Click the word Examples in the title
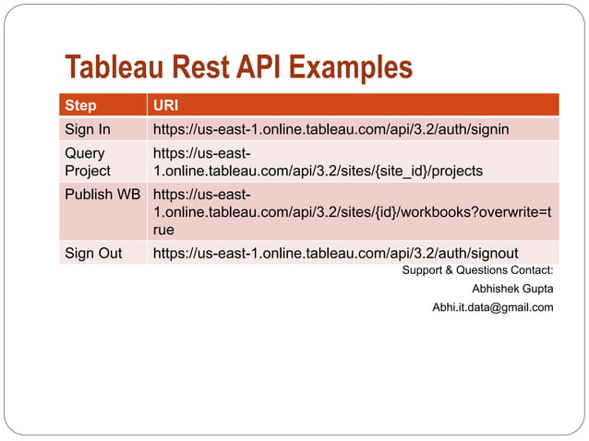(349, 68)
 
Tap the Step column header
(80, 105)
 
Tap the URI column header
(166, 105)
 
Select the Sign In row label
(87, 129)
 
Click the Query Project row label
(87, 162)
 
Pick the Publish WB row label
(102, 195)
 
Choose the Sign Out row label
(93, 254)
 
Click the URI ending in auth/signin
(331, 129)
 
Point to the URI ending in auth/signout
(335, 254)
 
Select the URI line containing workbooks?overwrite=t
(353, 212)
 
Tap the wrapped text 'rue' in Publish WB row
(163, 230)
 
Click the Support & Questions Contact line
(477, 270)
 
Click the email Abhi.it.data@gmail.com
(492, 307)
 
